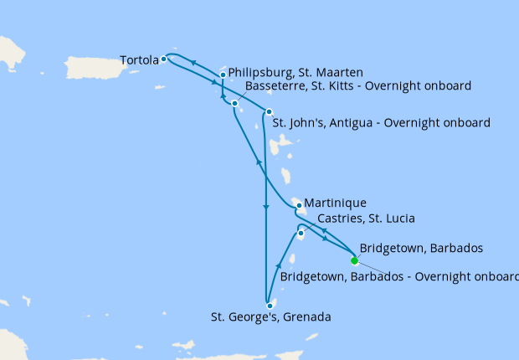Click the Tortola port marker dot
[164, 59]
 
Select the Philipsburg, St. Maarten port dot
[223, 75]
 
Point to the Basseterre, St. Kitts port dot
[234, 103]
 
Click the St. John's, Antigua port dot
[269, 112]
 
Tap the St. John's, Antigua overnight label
[382, 123]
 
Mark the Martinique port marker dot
[299, 204]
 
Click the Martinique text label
[336, 203]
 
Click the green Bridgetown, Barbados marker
[354, 260]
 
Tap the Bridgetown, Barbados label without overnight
[420, 249]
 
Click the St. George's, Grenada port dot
[270, 306]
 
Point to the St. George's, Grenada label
[271, 318]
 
